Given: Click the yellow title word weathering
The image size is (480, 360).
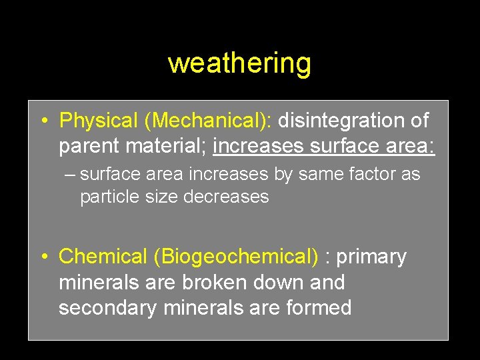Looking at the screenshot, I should click(x=239, y=63).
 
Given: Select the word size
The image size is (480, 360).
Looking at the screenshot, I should click(x=161, y=197).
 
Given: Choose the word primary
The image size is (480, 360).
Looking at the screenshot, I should click(x=371, y=257).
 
